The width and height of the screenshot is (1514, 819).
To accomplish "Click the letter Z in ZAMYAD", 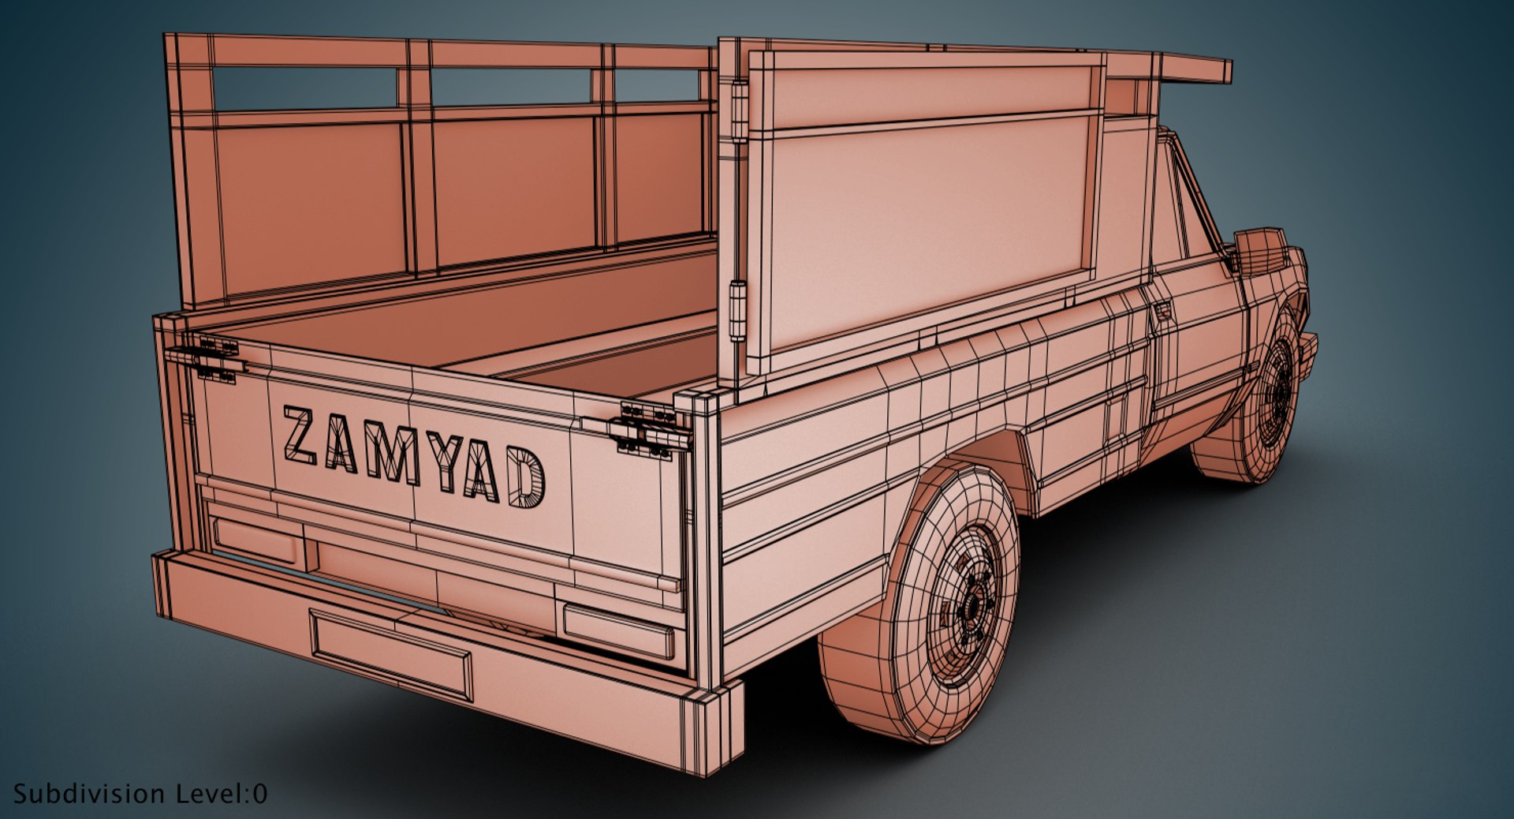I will tap(300, 436).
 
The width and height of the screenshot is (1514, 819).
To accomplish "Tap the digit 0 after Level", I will tap(261, 794).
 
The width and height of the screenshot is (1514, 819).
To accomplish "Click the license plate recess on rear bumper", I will tap(392, 653).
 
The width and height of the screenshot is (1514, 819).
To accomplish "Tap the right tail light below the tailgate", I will tap(619, 631).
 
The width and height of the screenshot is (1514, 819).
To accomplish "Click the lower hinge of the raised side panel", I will tap(738, 312).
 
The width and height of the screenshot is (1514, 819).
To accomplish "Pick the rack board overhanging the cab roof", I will tap(1195, 69).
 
